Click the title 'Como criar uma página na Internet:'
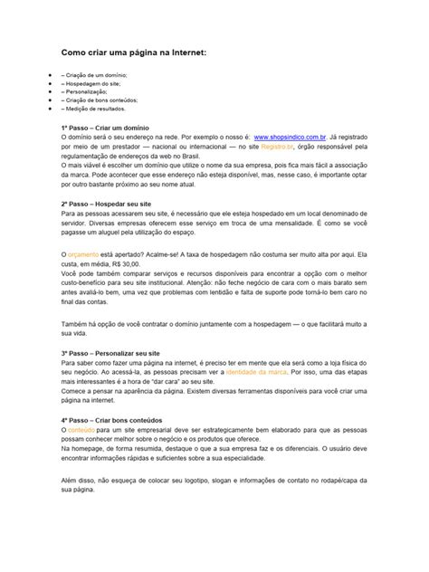coord(146,54)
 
